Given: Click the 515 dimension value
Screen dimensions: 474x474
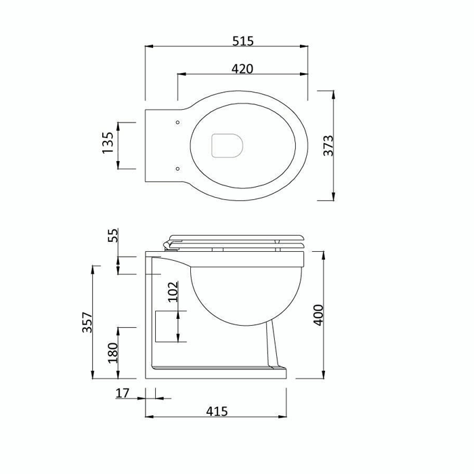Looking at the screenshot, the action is [x=242, y=41].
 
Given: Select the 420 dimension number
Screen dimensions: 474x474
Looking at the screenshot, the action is [x=242, y=69].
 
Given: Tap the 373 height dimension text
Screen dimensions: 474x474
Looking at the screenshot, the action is [x=328, y=146].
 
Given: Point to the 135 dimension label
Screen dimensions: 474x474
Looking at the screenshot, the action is [x=108, y=143].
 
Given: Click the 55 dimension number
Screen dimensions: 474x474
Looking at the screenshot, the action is [x=112, y=235].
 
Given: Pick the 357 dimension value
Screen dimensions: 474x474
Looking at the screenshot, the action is [x=87, y=322].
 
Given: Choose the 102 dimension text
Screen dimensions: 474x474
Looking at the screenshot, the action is [x=173, y=292].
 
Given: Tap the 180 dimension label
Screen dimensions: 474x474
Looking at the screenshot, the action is [x=113, y=353].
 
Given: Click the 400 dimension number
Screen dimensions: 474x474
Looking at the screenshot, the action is [x=318, y=315].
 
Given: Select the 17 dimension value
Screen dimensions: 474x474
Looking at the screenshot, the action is [x=123, y=393].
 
